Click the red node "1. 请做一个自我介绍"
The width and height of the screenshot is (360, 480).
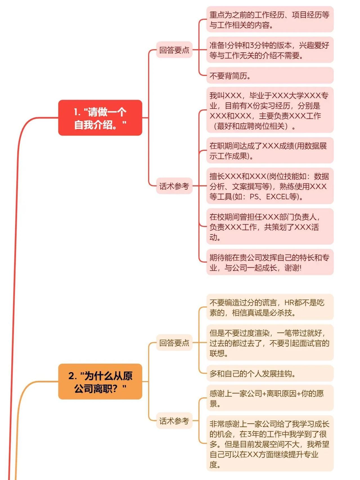coord(100,118)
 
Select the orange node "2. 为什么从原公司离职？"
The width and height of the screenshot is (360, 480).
coord(100,382)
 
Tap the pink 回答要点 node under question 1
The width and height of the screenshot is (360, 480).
coord(174,50)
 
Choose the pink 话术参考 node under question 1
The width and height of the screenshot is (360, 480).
coord(174,186)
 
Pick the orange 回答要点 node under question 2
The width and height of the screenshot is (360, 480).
coord(174,342)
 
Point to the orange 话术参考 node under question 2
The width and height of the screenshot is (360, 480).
coord(174,421)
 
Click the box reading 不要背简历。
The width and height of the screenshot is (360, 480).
coord(270,75)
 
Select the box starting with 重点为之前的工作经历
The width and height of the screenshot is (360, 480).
coord(270,19)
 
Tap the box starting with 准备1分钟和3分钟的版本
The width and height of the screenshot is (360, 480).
coord(270,50)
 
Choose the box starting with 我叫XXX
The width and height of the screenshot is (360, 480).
coord(270,110)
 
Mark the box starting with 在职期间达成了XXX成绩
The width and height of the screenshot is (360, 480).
coord(270,151)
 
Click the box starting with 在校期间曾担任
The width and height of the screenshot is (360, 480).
coord(270,226)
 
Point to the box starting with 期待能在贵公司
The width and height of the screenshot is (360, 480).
coord(270,262)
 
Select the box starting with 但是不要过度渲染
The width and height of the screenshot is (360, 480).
coord(270,342)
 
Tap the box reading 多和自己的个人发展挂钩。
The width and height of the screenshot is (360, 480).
coord(270,373)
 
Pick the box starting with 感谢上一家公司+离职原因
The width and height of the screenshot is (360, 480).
coord(270,398)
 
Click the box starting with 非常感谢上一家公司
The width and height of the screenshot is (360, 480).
coord(270,444)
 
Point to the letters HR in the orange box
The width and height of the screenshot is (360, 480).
coord(289,302)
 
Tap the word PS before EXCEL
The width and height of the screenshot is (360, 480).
coord(254,196)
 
